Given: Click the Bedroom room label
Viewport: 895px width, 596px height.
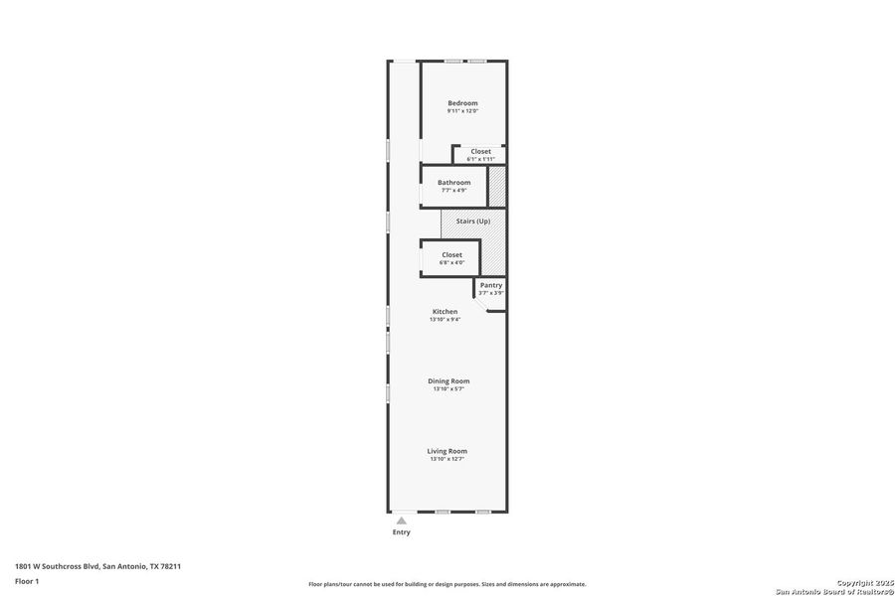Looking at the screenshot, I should pyautogui.click(x=462, y=103).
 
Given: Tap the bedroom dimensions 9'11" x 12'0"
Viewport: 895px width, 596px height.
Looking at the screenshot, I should pyautogui.click(x=462, y=111).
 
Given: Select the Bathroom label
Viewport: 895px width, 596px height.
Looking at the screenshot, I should pyautogui.click(x=454, y=182).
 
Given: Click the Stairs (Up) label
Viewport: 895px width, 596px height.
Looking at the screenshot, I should pyautogui.click(x=472, y=221).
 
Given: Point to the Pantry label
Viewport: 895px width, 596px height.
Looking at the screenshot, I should pyautogui.click(x=491, y=285).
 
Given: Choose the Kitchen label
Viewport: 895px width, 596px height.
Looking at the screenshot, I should pyautogui.click(x=445, y=311).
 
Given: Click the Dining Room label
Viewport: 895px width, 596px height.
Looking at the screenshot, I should pyautogui.click(x=448, y=380).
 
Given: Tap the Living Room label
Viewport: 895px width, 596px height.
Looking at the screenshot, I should pyautogui.click(x=447, y=451).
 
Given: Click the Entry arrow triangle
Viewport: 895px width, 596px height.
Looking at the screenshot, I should pyautogui.click(x=401, y=520).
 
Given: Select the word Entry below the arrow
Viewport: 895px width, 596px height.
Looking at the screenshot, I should pyautogui.click(x=401, y=532).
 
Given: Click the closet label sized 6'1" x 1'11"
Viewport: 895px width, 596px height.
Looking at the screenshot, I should pyautogui.click(x=480, y=151).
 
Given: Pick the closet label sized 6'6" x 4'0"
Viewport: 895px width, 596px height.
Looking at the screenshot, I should pyautogui.click(x=452, y=255).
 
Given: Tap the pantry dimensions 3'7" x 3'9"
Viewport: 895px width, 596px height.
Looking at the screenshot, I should pyautogui.click(x=491, y=293).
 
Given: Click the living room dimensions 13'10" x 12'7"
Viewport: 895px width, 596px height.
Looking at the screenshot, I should pyautogui.click(x=447, y=459).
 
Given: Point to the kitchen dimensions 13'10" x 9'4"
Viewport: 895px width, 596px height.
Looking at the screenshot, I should pyautogui.click(x=445, y=320).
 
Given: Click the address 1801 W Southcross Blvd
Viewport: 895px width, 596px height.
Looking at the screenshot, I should pyautogui.click(x=97, y=566).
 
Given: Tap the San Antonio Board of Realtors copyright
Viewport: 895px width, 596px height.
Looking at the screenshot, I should pyautogui.click(x=834, y=591).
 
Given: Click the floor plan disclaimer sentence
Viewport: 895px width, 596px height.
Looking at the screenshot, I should pyautogui.click(x=447, y=584).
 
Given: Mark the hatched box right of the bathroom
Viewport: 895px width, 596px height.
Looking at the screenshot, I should pyautogui.click(x=497, y=187).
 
